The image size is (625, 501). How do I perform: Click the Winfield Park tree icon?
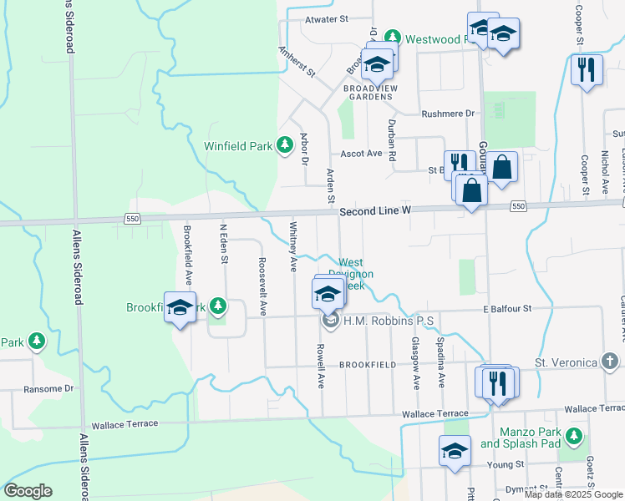coord(284,146)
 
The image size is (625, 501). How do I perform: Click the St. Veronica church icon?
coord(611,362)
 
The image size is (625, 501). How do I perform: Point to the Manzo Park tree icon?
coord(573,436)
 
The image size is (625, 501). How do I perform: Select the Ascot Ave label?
coord(361,154)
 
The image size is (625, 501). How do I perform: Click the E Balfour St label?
coord(507,309)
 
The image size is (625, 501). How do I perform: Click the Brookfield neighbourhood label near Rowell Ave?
coord(368,365)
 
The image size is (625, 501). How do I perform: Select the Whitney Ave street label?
coord(293,246)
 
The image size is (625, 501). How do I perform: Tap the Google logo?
coord(28,491)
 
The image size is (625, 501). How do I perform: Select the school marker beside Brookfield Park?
coord(180,307)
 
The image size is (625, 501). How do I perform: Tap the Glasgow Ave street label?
coord(415,363)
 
